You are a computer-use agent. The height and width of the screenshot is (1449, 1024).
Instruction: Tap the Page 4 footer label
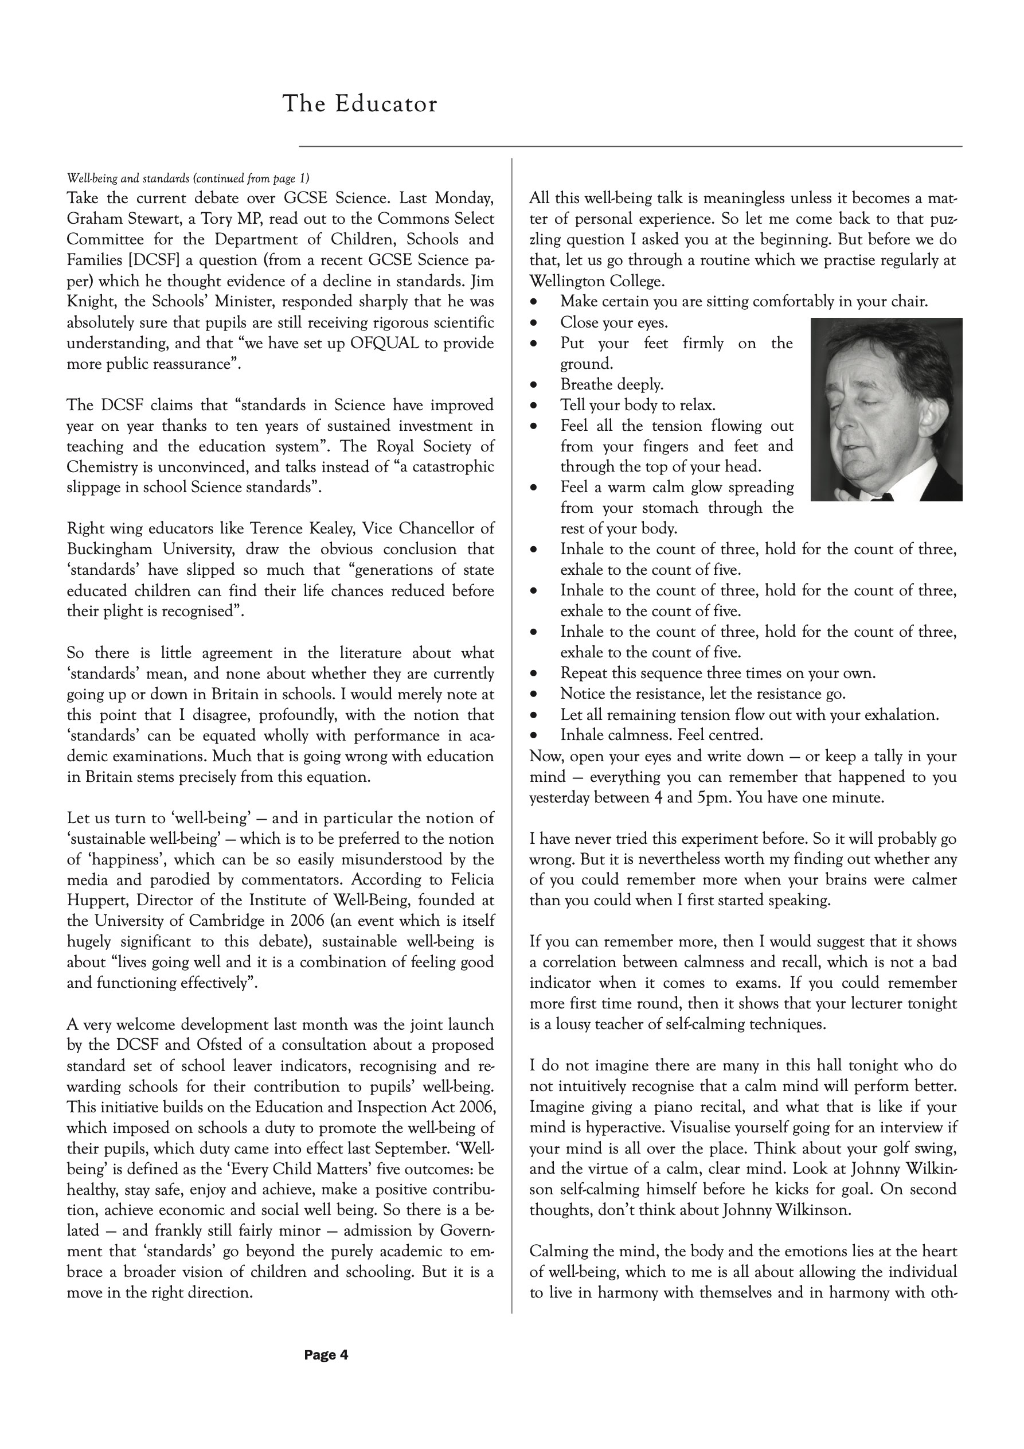[x=326, y=1355]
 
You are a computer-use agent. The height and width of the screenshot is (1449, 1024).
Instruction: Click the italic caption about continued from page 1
[x=188, y=178]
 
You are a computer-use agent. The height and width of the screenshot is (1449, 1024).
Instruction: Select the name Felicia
[x=467, y=880]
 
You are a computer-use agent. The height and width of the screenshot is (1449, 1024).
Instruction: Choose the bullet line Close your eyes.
[x=613, y=322]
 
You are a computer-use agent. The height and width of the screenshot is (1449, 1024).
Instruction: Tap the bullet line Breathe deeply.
[x=611, y=384]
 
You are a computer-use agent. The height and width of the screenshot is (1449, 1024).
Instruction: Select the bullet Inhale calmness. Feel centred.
[x=661, y=735]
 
